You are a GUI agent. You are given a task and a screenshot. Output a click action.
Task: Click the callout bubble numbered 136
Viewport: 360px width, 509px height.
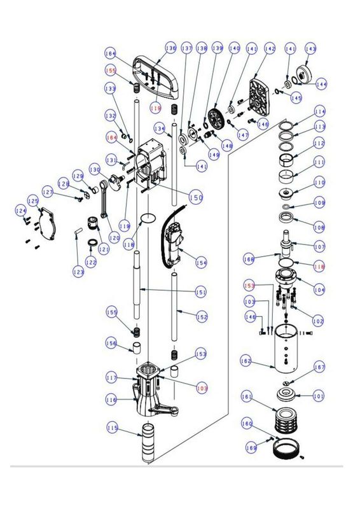(170, 48)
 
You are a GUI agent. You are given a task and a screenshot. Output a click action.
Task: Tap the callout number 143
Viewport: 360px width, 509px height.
(311, 48)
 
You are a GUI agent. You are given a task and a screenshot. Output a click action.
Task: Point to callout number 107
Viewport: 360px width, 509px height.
(319, 246)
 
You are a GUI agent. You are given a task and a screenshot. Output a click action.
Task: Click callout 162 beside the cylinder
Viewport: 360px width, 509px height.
(246, 361)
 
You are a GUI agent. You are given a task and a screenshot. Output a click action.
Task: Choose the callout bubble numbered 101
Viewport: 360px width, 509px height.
(319, 396)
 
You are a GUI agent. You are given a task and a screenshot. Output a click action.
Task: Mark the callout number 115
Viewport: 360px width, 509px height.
(113, 428)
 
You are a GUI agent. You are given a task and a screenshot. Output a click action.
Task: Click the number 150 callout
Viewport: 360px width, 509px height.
(196, 198)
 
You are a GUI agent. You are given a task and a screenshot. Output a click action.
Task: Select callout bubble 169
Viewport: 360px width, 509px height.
(252, 448)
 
